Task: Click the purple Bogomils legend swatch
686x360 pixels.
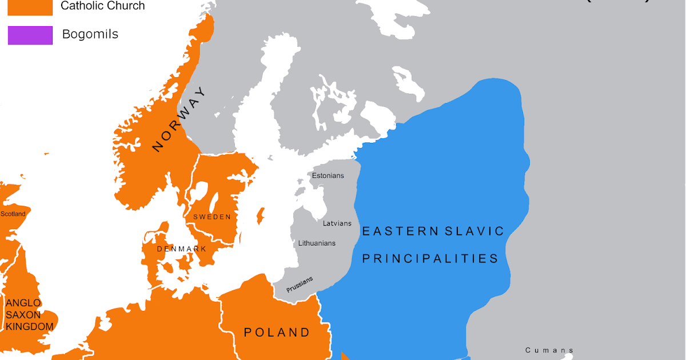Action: [30, 35]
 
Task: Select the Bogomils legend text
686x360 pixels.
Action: [90, 34]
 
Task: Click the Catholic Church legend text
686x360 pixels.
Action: [103, 6]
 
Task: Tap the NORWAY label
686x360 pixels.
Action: [179, 119]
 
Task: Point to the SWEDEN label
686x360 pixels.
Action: [212, 217]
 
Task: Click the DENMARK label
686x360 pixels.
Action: [181, 249]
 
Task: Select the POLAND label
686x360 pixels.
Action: [277, 333]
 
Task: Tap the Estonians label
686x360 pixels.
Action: [328, 175]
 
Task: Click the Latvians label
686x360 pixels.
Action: [337, 223]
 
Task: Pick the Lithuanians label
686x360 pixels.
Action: [317, 243]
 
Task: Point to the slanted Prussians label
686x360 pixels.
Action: [300, 285]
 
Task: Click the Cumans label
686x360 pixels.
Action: [549, 350]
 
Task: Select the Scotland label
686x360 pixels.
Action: [13, 214]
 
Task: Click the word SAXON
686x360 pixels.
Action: [23, 315]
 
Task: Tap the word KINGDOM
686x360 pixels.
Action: [30, 327]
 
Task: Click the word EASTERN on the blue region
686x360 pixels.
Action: [400, 231]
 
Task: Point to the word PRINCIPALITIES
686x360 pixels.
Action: [430, 259]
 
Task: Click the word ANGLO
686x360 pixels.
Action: [23, 303]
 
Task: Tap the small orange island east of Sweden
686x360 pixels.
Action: [261, 216]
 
